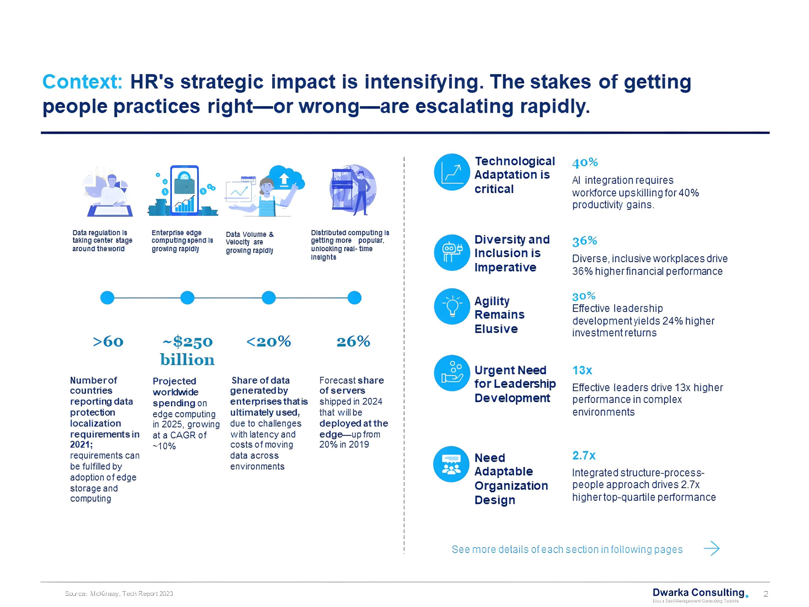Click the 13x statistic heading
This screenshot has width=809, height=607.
pos(582,370)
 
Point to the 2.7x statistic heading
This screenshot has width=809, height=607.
pos(584,456)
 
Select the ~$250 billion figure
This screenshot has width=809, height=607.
pos(187,350)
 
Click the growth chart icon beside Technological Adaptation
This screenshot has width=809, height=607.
pos(452,172)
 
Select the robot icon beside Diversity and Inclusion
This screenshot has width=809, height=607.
pos(452,253)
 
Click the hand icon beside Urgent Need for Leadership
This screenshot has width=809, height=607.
pos(452,373)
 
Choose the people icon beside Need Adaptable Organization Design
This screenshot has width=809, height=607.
pos(451,464)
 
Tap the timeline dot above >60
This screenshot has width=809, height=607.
pos(107,298)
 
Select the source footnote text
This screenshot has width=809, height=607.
pos(119,594)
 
